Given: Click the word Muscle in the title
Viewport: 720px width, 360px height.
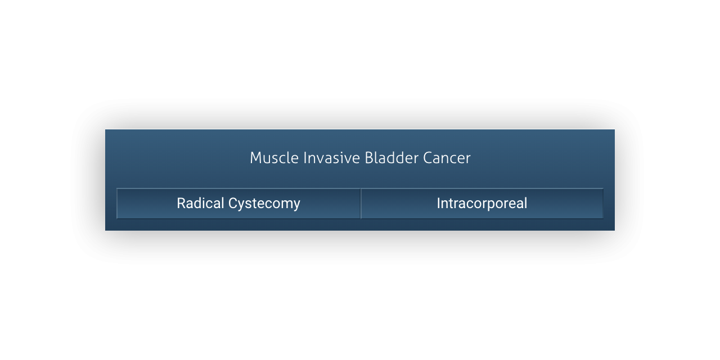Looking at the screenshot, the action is (274, 158).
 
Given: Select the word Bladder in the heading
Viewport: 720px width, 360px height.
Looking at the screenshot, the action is (391, 158).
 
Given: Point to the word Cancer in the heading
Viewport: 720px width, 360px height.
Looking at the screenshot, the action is (447, 158).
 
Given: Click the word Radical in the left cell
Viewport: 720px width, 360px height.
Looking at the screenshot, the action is (200, 203).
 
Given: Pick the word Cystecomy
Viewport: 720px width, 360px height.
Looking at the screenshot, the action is (264, 204).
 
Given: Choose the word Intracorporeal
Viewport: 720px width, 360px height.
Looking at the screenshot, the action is (482, 204).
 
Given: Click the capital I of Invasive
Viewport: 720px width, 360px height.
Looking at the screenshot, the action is (305, 158).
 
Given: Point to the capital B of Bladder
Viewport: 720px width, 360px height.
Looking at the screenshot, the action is (369, 158).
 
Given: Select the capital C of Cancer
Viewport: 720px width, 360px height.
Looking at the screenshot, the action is (428, 158).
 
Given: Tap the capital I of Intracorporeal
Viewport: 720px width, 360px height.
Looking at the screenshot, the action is (438, 203).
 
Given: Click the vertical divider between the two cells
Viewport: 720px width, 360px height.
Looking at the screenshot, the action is (361, 204).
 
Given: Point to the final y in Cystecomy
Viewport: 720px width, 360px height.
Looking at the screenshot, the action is (296, 206).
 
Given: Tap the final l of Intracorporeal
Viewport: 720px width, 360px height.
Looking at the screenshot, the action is (525, 203).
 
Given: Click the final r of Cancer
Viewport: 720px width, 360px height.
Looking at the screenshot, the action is (467, 160).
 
